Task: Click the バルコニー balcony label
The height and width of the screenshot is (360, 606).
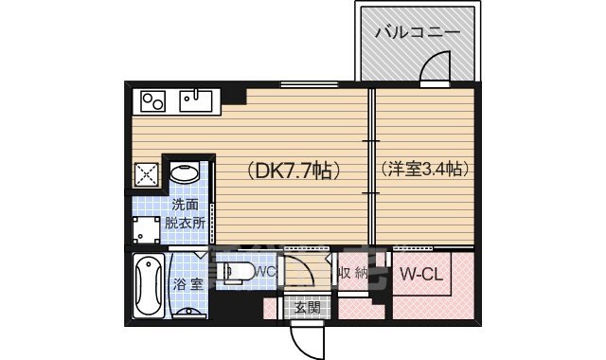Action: (x=417, y=31)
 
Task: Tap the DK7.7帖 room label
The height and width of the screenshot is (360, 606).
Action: (x=294, y=171)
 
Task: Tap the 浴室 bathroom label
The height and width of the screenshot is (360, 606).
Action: (x=187, y=284)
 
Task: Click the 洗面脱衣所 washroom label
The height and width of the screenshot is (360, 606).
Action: (x=185, y=214)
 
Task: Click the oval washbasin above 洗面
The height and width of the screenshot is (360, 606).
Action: (x=183, y=173)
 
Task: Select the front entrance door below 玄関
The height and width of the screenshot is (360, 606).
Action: (x=306, y=339)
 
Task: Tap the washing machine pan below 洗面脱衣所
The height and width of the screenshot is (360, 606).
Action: (x=147, y=231)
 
